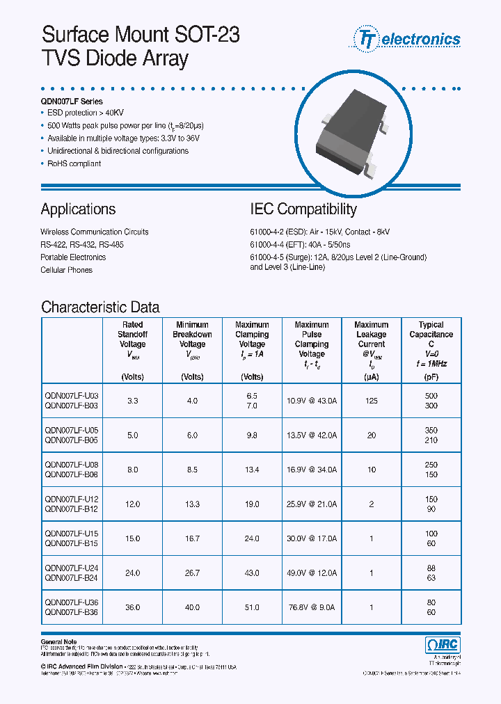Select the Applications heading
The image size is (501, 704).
[x=78, y=209]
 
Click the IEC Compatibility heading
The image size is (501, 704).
[x=303, y=209]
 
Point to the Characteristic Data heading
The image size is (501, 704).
[x=100, y=307]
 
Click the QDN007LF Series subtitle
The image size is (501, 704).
[x=72, y=102]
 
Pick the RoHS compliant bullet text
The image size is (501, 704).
[x=74, y=163]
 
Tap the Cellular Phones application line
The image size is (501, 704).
[x=66, y=270]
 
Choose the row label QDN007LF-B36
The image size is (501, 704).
[x=72, y=612]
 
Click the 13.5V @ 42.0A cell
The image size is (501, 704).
[x=311, y=435]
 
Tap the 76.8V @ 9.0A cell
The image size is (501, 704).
[x=311, y=607]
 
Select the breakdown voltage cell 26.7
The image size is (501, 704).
[x=192, y=573]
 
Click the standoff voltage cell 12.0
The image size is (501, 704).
[x=132, y=504]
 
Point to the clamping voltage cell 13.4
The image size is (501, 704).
[x=252, y=470]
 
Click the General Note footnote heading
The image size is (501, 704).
[x=58, y=641]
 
